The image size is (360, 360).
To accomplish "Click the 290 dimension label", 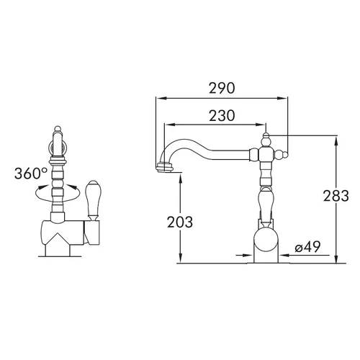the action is tap(222, 88).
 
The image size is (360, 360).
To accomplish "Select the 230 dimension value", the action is tap(222, 116).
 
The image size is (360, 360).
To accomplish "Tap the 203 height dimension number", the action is tap(180, 222).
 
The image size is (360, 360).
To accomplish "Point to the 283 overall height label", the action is tap(336, 196).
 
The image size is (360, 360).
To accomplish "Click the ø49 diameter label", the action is tap(307, 247).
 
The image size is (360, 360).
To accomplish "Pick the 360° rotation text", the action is tap(31, 174).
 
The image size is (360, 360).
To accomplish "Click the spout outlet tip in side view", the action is tap(165, 167).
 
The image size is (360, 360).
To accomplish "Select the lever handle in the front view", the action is tap(93, 200).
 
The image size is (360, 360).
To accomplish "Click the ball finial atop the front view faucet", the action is tap(57, 128).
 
